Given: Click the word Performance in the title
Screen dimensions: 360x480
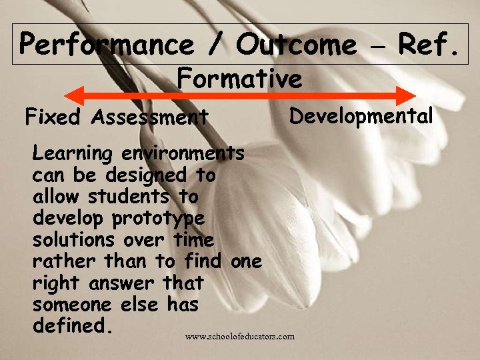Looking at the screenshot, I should tap(106, 45).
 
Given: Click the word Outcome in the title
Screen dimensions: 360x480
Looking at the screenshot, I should tap(296, 45).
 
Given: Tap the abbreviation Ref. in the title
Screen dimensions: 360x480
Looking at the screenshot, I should tap(427, 45).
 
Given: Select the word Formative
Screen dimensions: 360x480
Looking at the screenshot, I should tap(239, 79).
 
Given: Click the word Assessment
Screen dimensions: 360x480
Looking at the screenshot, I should tap(150, 118).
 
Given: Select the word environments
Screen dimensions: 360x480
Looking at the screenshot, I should tap(183, 153).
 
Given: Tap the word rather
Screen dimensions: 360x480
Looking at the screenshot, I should tap(63, 261).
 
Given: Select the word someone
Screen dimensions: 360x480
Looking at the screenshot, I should tap(71, 305).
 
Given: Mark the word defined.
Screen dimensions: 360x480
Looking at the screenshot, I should tap(69, 326).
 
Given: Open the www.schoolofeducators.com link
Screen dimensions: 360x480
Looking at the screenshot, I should tap(239, 337).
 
